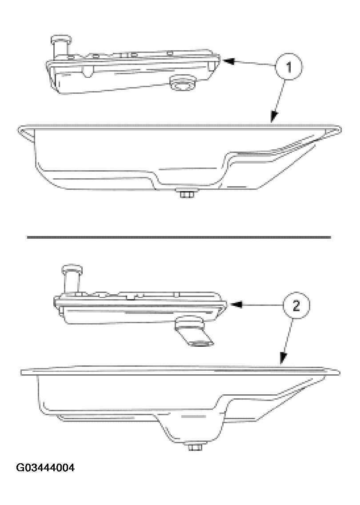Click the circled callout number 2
pos(295,306)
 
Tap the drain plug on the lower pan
pos(194,446)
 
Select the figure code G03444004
pos(45,468)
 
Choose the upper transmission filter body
pos(133,71)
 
